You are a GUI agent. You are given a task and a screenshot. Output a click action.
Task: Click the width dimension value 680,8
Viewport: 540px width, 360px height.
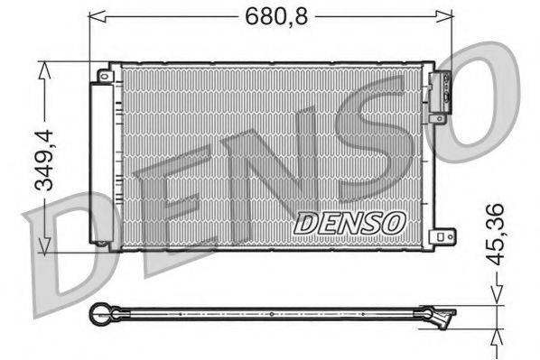click(273, 15)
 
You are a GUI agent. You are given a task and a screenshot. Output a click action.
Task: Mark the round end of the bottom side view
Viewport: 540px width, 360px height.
click(99, 314)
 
